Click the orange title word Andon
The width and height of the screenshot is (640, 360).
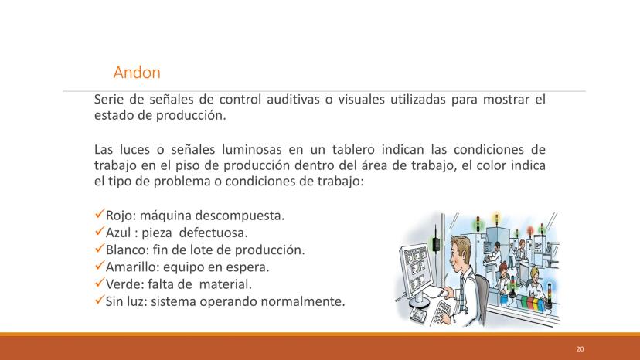pyautogui.click(x=137, y=73)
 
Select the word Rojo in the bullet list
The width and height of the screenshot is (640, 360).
pyautogui.click(x=118, y=216)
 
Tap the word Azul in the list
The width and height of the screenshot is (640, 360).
pyautogui.click(x=118, y=233)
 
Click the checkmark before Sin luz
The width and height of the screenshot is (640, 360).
pyautogui.click(x=99, y=300)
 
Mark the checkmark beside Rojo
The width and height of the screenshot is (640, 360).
pyautogui.click(x=99, y=214)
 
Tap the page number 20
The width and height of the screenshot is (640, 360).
pyautogui.click(x=580, y=349)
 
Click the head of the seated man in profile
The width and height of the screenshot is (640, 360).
pyautogui.click(x=461, y=252)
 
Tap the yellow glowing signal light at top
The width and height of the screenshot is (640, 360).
pyautogui.click(x=497, y=216)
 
